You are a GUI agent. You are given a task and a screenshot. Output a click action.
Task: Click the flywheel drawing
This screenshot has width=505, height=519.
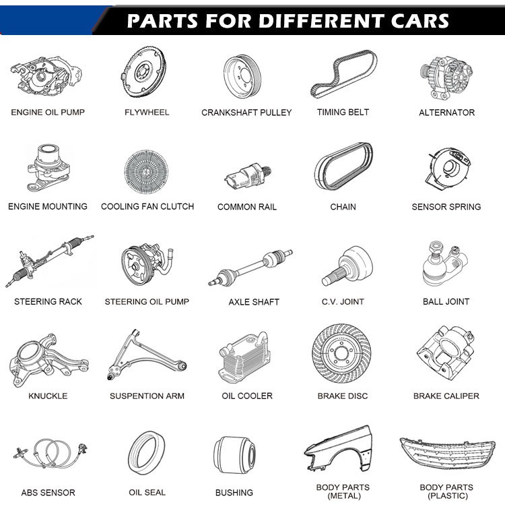(x=143, y=72)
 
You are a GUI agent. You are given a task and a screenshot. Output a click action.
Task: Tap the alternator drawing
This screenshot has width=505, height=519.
(x=446, y=78)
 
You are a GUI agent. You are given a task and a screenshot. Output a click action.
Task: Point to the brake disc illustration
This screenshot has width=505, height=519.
(x=341, y=353)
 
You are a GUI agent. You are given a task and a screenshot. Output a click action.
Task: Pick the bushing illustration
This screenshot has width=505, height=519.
(x=234, y=454)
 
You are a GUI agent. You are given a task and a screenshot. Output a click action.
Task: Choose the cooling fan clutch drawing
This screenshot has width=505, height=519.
(x=146, y=172)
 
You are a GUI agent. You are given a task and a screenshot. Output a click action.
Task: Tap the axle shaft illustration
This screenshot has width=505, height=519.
(x=250, y=268)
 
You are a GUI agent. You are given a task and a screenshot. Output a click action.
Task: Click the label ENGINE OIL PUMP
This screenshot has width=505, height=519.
(x=48, y=112)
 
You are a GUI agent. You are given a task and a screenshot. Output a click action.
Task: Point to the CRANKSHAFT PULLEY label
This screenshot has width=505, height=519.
(x=246, y=113)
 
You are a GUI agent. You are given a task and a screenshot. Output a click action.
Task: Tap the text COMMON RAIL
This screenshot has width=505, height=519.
(x=246, y=207)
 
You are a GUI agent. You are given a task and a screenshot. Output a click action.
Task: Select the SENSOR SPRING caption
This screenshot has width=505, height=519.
(x=446, y=207)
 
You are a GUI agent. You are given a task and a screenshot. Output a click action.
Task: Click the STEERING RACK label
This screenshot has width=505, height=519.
(x=48, y=301)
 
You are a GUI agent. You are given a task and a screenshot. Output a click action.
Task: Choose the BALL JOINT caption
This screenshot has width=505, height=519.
(x=446, y=301)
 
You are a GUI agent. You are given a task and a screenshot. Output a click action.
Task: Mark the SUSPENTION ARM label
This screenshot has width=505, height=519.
(x=147, y=396)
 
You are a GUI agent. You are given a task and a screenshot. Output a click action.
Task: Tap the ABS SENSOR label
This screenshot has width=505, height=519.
(x=48, y=493)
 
